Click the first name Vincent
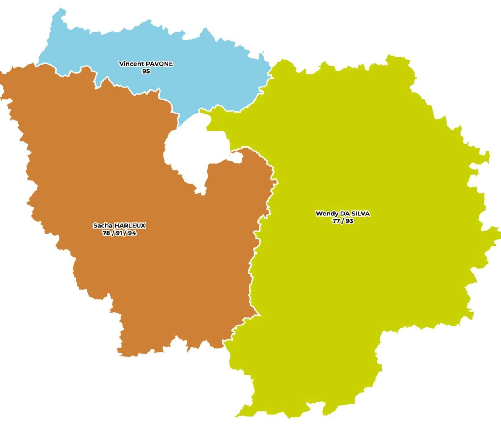point(131,64)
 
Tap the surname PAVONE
point(160,64)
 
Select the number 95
point(146,71)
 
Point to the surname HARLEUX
point(130,225)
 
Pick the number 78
point(106,233)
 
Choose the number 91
point(119,233)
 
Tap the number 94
point(132,233)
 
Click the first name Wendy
point(326,214)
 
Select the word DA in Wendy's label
point(345,214)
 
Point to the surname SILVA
point(361,214)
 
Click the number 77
point(336,221)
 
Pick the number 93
point(349,221)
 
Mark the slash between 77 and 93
point(343,221)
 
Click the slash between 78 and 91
point(113,233)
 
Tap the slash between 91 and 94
point(125,233)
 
